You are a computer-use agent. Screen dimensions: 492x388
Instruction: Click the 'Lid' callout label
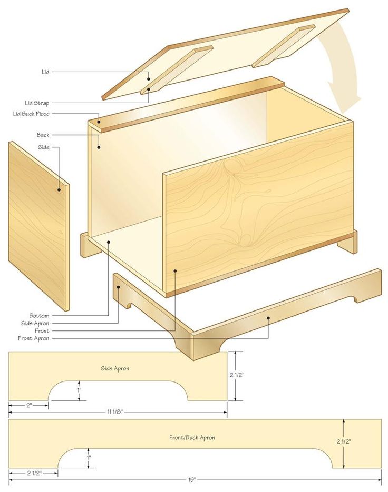coord(45,72)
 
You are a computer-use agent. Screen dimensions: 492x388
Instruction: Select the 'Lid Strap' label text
coord(37,103)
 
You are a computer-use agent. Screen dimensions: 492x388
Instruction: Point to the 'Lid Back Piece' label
coord(31,114)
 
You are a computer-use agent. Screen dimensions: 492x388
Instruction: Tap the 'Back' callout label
coord(43,135)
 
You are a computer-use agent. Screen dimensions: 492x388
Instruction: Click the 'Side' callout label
coord(43,147)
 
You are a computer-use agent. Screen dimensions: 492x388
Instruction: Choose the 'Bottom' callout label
coord(39,315)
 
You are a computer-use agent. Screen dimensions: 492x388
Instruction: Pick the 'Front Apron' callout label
coord(33,338)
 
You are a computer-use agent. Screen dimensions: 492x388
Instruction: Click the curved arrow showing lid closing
coord(343,63)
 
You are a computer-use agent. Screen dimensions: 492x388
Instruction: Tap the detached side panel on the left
coord(38,226)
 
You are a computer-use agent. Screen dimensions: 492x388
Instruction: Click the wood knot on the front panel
coord(245,239)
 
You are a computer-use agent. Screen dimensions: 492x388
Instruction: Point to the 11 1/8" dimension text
coord(114,411)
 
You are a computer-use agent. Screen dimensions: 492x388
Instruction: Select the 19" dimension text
coord(192,479)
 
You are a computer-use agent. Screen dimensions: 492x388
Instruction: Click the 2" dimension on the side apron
coord(29,405)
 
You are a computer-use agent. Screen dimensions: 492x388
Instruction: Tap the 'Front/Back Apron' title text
coord(192,437)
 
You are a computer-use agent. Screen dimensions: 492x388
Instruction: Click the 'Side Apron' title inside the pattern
coord(115,368)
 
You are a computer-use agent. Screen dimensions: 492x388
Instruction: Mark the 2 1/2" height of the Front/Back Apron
coord(344,441)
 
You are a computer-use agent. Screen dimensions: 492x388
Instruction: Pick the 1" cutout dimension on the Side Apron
coord(80,390)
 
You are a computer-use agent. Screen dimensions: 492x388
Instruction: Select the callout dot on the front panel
coord(175,272)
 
